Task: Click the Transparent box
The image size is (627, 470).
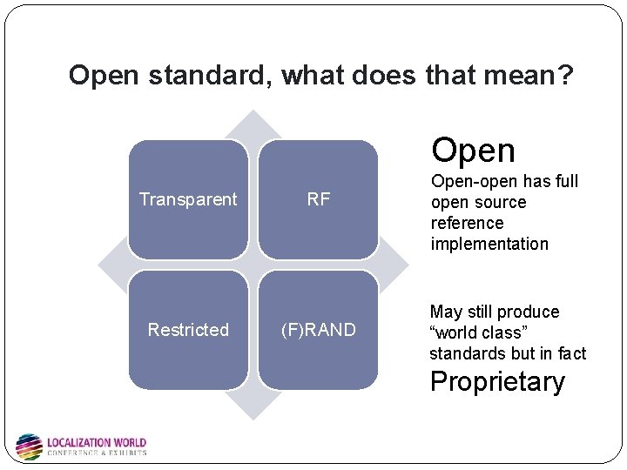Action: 188,199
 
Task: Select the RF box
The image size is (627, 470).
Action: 319,199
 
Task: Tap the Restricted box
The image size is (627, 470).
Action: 188,330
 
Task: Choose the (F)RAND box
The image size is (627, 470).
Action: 319,330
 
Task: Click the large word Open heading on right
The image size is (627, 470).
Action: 473,151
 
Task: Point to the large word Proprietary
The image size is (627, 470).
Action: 497,382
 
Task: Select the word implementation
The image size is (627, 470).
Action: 489,244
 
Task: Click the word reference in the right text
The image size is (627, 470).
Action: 467,223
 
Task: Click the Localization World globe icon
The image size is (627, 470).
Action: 29,446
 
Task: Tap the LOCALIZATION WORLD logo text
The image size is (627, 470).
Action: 96,442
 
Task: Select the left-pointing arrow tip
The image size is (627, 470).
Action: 103,265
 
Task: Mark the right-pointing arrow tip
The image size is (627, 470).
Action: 402,265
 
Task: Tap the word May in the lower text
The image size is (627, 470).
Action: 446,312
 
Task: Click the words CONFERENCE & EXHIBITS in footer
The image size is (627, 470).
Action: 96,453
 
